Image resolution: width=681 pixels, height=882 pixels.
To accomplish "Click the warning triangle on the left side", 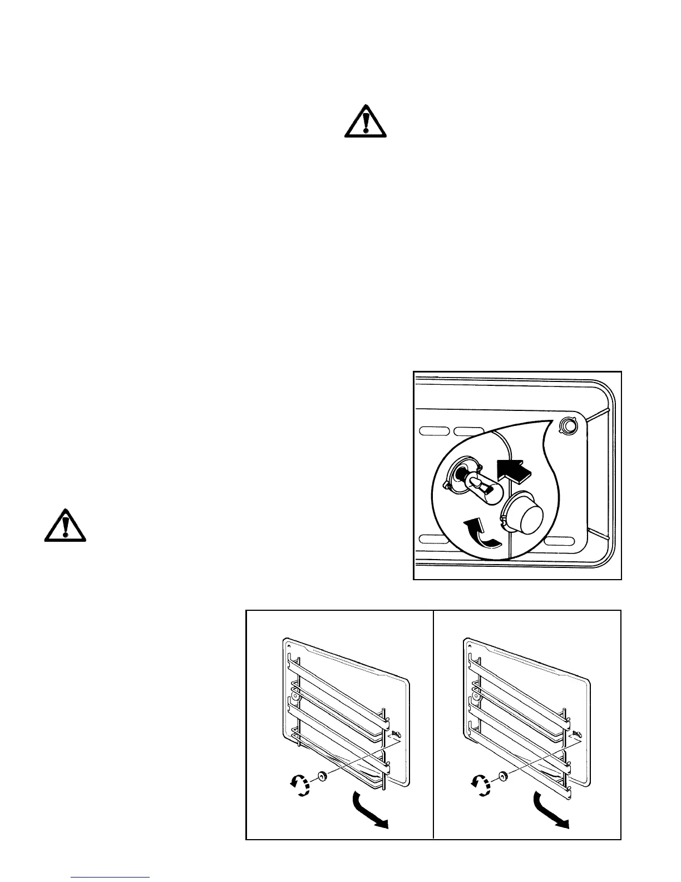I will (65, 525).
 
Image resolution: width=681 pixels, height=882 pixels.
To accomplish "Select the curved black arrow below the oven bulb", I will (481, 533).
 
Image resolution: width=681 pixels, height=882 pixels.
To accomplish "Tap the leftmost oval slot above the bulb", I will (435, 432).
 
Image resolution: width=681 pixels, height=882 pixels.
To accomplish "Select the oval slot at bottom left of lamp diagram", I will (435, 538).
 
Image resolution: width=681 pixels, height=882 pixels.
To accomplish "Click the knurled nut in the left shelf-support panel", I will (322, 777).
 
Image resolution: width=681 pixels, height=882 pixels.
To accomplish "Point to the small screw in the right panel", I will (577, 734).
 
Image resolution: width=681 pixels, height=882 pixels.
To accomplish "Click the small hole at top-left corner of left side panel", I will (289, 646).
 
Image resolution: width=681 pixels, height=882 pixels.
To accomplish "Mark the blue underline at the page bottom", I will (111, 877).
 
